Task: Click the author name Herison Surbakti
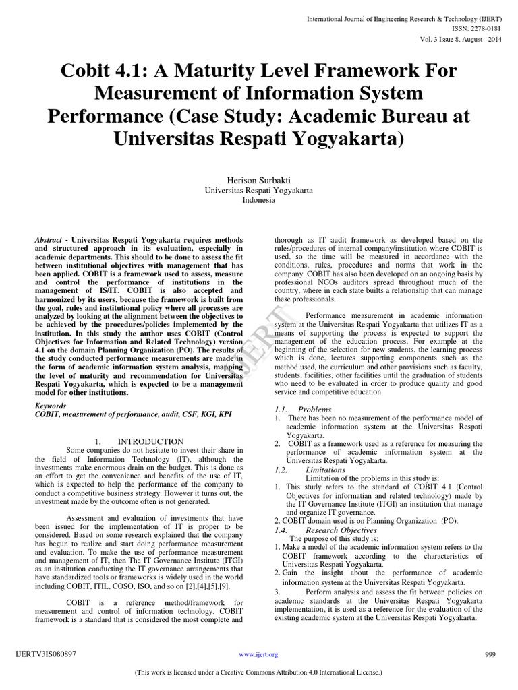(x=259, y=181)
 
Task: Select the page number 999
(x=490, y=654)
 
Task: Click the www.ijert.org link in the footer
(x=258, y=654)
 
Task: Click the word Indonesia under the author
(x=259, y=201)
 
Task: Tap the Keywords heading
(x=51, y=406)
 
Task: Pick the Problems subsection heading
(x=314, y=409)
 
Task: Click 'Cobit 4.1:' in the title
(x=105, y=71)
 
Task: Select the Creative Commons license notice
(x=259, y=672)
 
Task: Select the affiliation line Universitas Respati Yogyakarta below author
(x=259, y=191)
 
